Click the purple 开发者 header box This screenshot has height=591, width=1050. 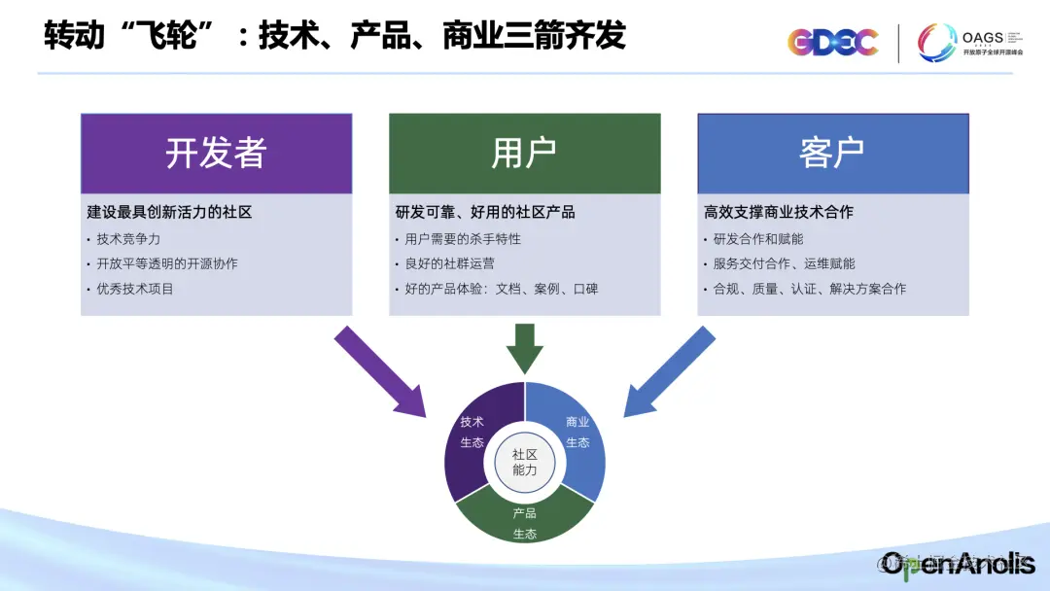[216, 154]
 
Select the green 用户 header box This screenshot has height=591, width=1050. [524, 154]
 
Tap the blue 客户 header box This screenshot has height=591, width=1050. [833, 154]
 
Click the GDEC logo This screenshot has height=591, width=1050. [832, 42]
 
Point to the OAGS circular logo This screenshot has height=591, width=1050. [937, 43]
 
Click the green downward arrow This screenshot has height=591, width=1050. [525, 348]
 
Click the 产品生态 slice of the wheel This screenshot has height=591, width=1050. [525, 520]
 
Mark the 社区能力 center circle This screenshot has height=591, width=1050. [525, 462]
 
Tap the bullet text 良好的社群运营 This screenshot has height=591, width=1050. [450, 263]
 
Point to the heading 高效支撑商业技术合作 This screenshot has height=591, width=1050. [779, 212]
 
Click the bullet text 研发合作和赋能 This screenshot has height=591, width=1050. [758, 238]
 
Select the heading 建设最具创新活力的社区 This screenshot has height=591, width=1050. [169, 212]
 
